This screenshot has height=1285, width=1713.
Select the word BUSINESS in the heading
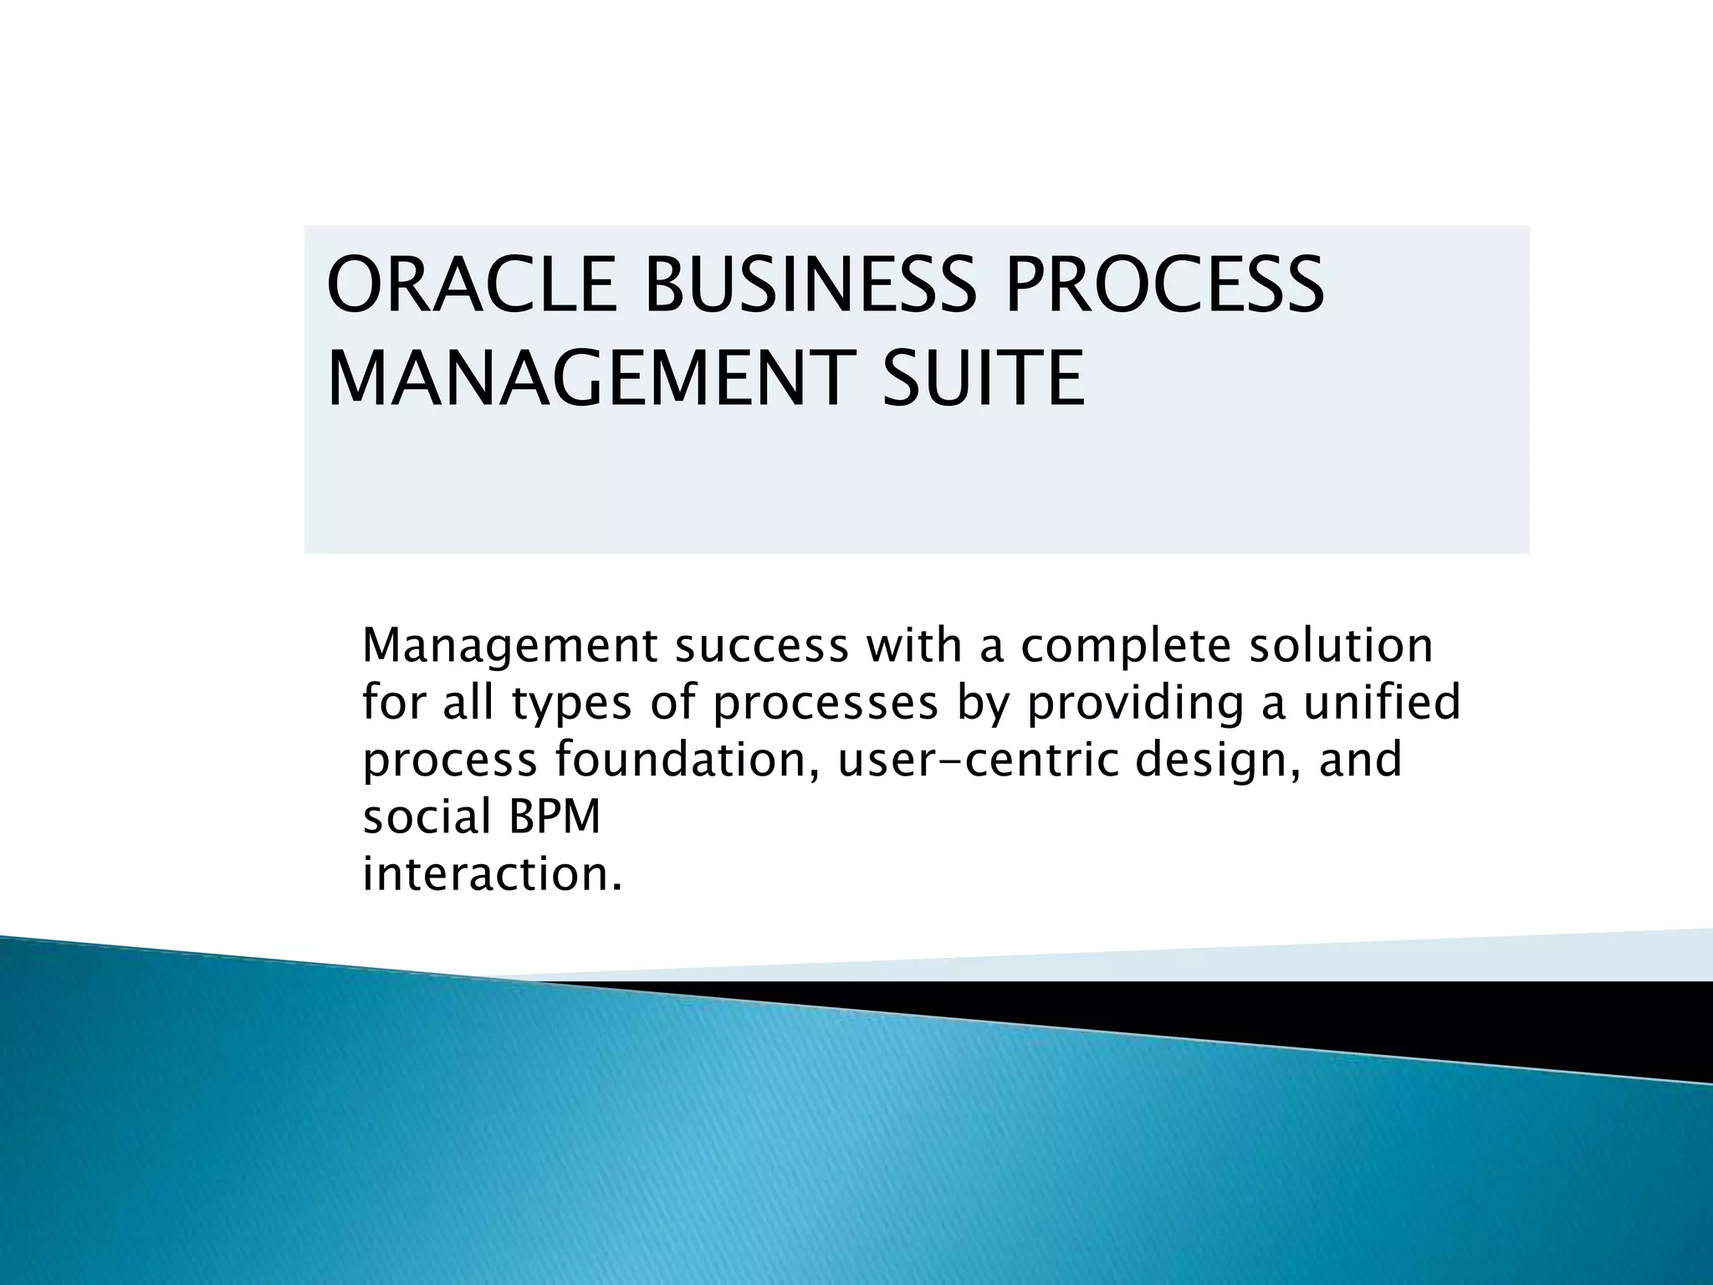[810, 284]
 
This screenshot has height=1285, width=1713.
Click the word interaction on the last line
[492, 874]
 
